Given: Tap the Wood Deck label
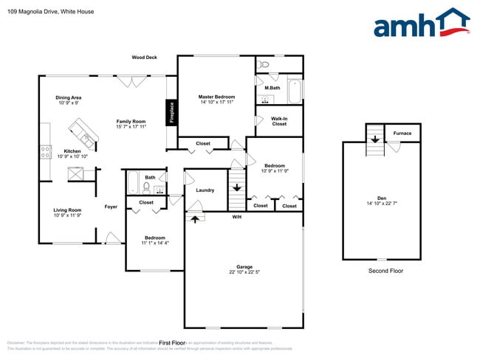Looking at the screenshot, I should (145, 57).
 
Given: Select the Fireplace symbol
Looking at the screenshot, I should (171, 114).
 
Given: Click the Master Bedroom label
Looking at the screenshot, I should (216, 97).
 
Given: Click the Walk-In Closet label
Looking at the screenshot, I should (279, 121).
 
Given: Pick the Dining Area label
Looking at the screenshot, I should (68, 97).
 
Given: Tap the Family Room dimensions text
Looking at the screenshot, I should (131, 127).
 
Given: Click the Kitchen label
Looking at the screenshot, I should (72, 151).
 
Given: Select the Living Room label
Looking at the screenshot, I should (67, 210).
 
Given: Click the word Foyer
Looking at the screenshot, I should (111, 207).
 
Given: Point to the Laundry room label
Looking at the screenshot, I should (205, 190).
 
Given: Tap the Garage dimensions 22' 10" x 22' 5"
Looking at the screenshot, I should (244, 272).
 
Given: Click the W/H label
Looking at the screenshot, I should (237, 217).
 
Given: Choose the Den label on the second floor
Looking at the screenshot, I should (381, 198).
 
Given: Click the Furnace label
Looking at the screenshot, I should (402, 134).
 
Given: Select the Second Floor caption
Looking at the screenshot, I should (385, 271).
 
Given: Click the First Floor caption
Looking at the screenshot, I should (171, 343).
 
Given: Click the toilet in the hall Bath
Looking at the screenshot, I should (146, 187).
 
